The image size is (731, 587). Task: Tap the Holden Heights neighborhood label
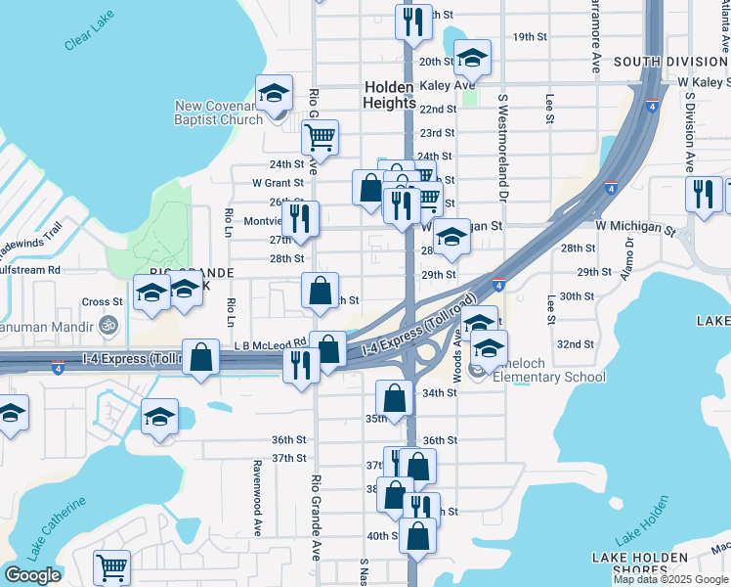point(388,94)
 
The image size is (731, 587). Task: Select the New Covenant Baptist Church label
point(219,113)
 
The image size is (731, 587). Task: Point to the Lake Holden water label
point(643,519)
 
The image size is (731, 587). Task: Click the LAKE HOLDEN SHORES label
point(640,564)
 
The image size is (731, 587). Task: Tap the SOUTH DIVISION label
point(670,62)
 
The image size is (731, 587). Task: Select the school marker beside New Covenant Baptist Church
point(275,93)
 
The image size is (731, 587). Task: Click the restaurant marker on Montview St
point(300,218)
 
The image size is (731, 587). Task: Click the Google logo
point(32,575)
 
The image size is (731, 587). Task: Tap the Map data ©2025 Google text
point(670,579)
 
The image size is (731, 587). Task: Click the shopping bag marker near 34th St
point(394,397)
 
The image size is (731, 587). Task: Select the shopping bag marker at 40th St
point(418,535)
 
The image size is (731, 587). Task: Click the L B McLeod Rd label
point(271,344)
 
